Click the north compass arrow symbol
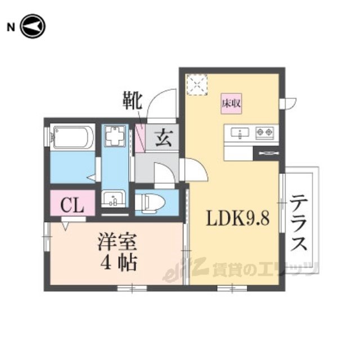33,26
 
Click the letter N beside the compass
11,28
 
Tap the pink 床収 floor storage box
231,103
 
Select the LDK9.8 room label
238,218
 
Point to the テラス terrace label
299,222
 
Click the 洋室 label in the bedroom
118,242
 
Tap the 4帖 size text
119,263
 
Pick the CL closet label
72,205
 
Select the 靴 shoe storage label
133,101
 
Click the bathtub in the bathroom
73,137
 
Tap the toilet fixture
150,202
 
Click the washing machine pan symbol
115,136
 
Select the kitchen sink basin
240,133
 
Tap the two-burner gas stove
264,133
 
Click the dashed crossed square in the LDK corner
197,84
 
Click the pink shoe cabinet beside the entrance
139,138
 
